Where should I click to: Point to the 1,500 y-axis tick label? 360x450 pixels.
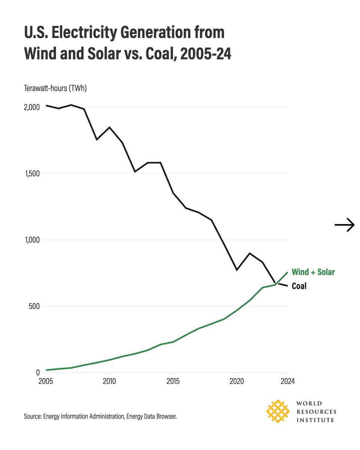tap(31, 174)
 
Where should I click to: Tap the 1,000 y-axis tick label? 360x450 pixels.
tap(31, 240)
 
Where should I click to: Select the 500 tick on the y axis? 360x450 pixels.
tap(34, 306)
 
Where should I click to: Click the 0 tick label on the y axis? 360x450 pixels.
tap(37, 372)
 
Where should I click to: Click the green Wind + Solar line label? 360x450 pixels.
tap(313, 272)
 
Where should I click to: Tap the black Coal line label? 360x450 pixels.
tap(299, 286)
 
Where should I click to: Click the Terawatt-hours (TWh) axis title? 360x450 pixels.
tap(55, 88)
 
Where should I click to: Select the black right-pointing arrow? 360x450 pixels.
tap(344, 225)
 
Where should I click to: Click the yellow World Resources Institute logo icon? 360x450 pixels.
tap(277, 411)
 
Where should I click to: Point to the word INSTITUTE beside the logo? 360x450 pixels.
tap(315, 420)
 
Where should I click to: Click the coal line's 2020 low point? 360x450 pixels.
tap(237, 270)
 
